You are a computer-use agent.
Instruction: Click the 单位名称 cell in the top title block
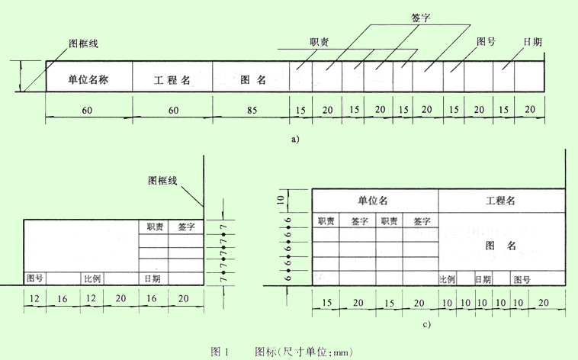(88, 79)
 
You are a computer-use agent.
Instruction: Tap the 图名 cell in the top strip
(252, 79)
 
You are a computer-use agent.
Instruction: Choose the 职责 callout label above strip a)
(320, 43)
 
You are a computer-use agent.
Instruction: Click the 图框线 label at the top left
(83, 43)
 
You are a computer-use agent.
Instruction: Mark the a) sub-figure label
(296, 139)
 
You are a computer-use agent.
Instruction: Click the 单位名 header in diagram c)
(374, 201)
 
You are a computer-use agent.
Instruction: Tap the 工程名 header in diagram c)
(500, 201)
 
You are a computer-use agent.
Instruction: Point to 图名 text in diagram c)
(501, 245)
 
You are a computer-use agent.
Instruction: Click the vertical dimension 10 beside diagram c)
(281, 200)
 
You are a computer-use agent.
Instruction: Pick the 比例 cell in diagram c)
(447, 279)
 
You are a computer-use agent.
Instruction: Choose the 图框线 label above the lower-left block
(162, 181)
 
